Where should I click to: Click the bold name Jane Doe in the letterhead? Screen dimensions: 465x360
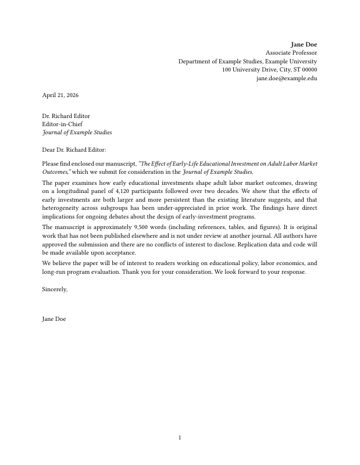304,44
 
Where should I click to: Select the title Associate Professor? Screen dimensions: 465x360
291,53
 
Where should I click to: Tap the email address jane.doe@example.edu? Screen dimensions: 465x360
287,78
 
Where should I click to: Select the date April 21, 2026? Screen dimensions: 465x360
60,95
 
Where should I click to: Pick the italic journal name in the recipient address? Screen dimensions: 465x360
77,133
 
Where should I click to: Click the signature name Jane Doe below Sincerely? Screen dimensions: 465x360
54,319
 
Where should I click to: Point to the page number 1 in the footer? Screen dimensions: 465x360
180,438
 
